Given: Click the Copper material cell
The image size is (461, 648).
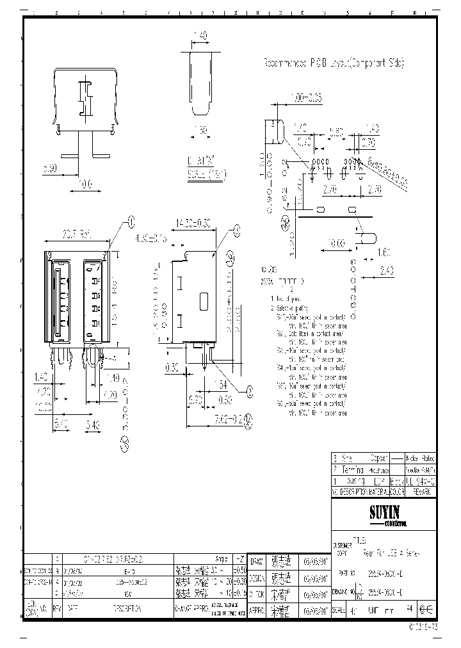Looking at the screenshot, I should click(x=380, y=458).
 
